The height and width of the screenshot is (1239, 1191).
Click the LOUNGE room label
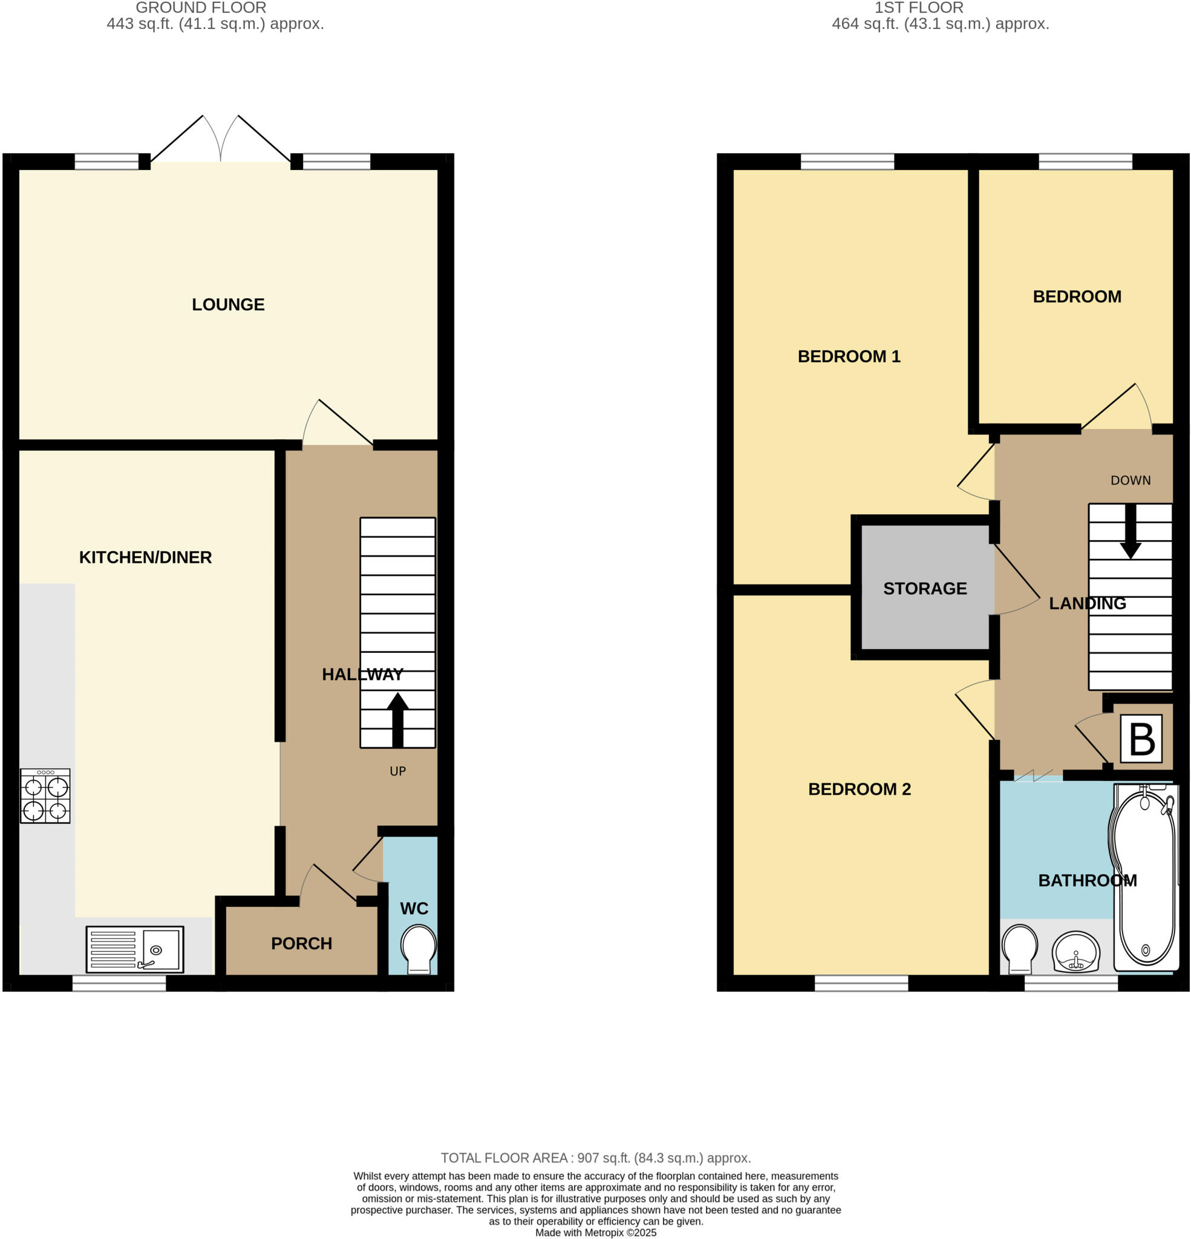click(227, 305)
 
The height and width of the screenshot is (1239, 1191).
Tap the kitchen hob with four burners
click(45, 796)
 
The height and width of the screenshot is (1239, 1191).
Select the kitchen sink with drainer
click(135, 949)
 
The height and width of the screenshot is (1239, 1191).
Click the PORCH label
click(302, 943)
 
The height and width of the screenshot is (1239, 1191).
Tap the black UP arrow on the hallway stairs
click(397, 719)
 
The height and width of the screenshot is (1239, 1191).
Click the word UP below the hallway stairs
click(397, 771)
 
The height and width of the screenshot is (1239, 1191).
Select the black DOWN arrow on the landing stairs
click(1130, 532)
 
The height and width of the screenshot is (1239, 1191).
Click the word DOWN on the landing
click(1131, 480)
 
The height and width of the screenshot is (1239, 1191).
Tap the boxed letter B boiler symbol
click(1141, 739)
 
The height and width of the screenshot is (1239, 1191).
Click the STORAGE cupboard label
click(924, 589)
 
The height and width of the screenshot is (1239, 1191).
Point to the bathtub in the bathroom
click(1145, 878)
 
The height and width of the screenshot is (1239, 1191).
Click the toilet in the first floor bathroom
click(1020, 948)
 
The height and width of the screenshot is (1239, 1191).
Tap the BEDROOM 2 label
click(859, 789)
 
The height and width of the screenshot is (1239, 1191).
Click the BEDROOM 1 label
click(849, 356)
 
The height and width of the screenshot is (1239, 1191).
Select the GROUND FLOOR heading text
click(201, 8)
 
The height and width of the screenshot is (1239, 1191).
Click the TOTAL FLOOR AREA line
click(595, 1158)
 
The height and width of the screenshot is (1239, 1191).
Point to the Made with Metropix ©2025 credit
click(595, 1233)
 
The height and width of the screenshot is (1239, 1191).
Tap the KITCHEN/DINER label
click(145, 558)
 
